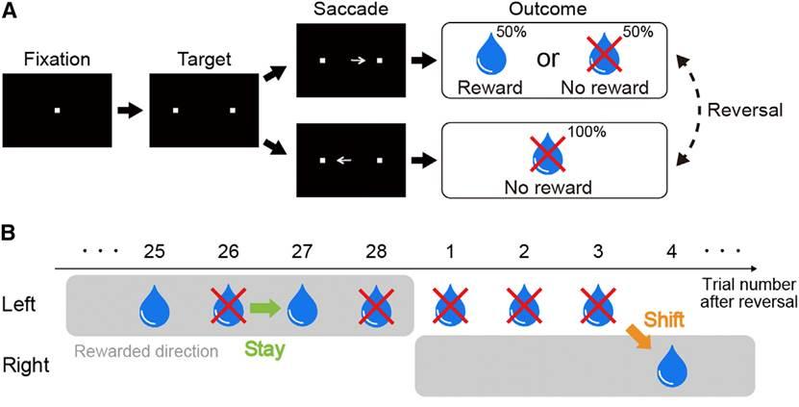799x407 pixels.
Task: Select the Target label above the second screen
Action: pyautogui.click(x=204, y=59)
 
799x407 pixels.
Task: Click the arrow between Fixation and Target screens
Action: pyautogui.click(x=128, y=112)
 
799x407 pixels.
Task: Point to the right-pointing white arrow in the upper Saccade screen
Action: pyautogui.click(x=357, y=60)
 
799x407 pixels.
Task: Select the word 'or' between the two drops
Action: pyautogui.click(x=545, y=60)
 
